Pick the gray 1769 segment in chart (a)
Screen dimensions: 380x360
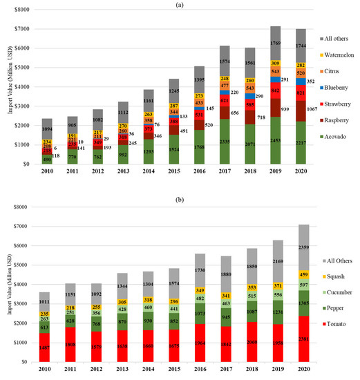pos(276,45)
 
